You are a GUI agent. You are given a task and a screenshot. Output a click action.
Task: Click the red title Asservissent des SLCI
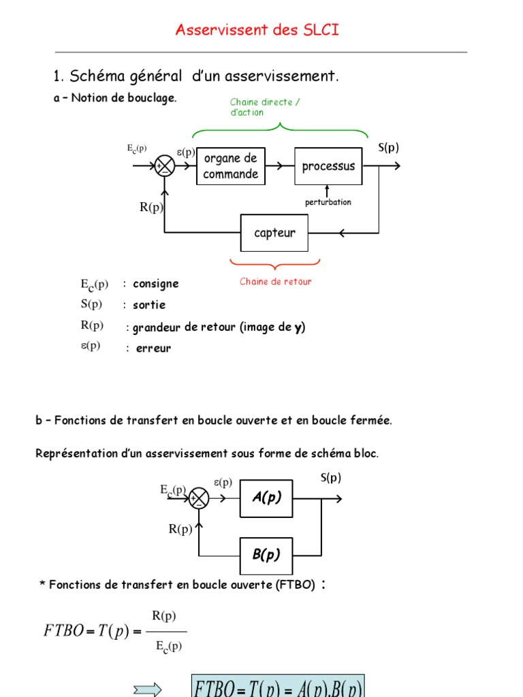coord(257,30)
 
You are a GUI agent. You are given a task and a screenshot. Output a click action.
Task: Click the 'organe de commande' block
coord(231,166)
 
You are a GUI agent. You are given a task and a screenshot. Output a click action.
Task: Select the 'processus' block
coord(328,166)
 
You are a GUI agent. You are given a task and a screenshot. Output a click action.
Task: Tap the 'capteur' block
coord(274,233)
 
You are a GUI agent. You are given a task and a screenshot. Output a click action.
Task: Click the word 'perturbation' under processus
coord(328,203)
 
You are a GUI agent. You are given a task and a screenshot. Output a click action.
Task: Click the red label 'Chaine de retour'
coord(275,281)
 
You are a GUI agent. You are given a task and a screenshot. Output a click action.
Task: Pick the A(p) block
coord(266,498)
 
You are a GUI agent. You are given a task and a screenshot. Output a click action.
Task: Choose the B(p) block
coord(266,555)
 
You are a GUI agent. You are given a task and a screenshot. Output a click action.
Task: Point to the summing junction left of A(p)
coord(199,499)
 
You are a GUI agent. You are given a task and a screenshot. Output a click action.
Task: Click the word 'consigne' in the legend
coord(156,284)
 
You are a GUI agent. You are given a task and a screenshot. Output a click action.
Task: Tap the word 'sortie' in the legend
coord(149,305)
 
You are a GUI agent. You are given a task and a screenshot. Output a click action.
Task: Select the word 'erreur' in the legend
coord(153,348)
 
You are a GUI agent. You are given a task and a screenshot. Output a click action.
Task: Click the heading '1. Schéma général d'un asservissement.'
coord(195,76)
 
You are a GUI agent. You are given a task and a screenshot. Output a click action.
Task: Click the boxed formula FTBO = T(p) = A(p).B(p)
coord(278,687)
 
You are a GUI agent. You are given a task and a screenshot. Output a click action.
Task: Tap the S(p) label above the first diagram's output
coord(388,148)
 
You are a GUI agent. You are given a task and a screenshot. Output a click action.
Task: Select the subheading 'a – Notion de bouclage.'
coord(115,98)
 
